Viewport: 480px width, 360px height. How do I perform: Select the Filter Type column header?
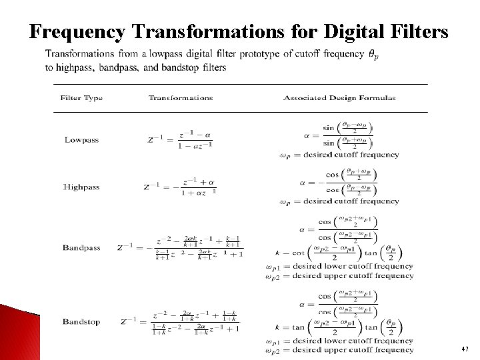81,98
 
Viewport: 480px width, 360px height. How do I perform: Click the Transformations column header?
181,98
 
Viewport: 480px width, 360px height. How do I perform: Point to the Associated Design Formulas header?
339,98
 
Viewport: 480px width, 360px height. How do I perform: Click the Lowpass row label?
81,140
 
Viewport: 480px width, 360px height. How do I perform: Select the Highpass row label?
81,187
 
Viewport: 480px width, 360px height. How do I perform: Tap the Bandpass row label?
81,248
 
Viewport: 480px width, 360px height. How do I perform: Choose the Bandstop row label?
81,322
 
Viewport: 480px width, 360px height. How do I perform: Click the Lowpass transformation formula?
180,140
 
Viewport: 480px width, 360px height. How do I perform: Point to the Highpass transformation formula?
180,187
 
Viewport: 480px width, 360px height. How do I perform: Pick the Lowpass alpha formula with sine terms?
339,134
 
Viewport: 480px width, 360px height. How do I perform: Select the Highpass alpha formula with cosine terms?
339,181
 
